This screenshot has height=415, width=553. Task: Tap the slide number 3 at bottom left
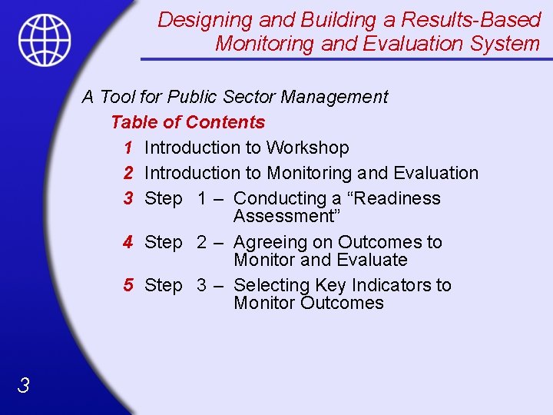(x=24, y=386)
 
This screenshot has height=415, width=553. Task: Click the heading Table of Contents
(x=187, y=122)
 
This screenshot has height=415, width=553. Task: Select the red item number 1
(x=128, y=148)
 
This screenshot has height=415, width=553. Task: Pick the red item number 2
(x=128, y=173)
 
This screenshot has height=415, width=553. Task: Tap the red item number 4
(x=128, y=242)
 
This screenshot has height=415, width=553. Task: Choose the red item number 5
(x=128, y=285)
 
